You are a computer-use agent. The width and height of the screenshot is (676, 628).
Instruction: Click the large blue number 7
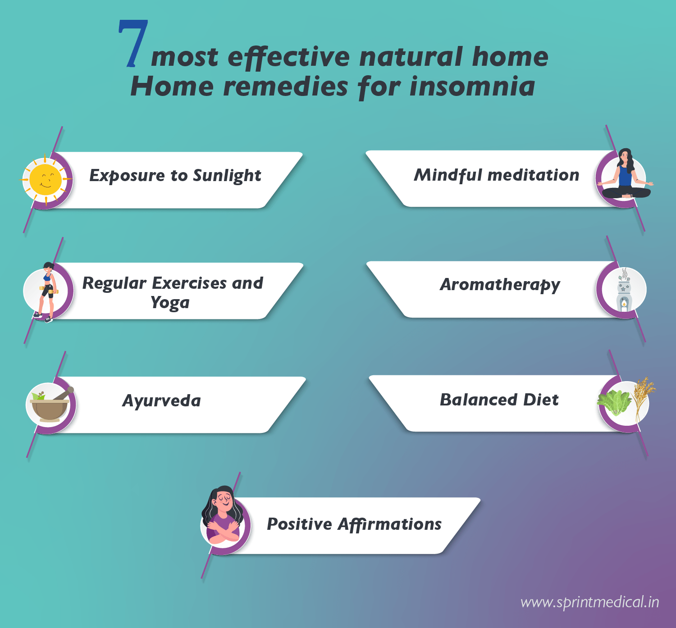[133, 43]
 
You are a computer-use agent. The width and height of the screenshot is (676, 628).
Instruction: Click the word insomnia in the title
[472, 86]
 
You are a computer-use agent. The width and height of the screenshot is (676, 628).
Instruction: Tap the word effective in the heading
[288, 58]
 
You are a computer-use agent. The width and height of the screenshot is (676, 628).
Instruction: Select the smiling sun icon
[45, 179]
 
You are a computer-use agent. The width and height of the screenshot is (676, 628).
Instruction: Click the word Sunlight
[227, 176]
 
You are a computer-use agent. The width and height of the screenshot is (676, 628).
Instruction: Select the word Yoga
[170, 303]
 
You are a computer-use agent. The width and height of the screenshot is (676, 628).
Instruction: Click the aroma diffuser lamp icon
[624, 290]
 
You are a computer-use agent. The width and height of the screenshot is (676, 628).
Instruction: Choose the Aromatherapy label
[500, 285]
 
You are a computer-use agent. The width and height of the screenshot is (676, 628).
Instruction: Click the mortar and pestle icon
[51, 404]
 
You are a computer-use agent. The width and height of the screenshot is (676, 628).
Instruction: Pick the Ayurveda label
[162, 400]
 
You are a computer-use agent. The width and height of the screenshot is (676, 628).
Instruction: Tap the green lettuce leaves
[614, 402]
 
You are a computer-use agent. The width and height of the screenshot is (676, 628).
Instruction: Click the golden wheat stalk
[642, 399]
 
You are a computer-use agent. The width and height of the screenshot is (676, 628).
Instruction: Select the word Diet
[541, 400]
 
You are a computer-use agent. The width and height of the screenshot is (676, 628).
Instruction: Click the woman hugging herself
[223, 515]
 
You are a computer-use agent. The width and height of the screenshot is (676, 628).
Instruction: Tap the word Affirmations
[389, 524]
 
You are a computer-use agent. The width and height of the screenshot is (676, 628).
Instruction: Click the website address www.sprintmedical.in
[589, 602]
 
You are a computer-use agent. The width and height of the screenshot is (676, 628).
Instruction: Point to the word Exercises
[189, 283]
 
